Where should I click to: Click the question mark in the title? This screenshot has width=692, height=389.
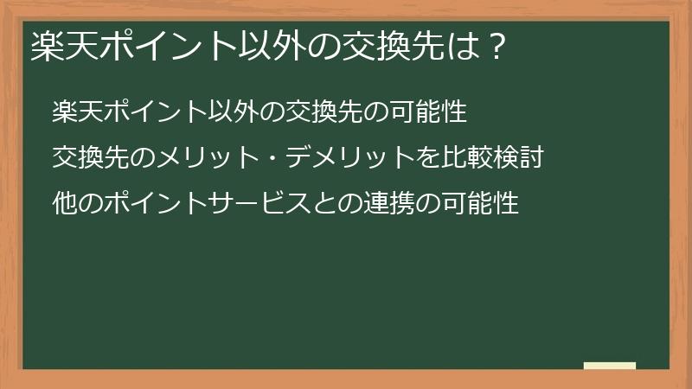(495, 46)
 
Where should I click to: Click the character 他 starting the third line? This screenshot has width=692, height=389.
(63, 204)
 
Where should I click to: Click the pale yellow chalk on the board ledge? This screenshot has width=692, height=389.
(609, 366)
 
